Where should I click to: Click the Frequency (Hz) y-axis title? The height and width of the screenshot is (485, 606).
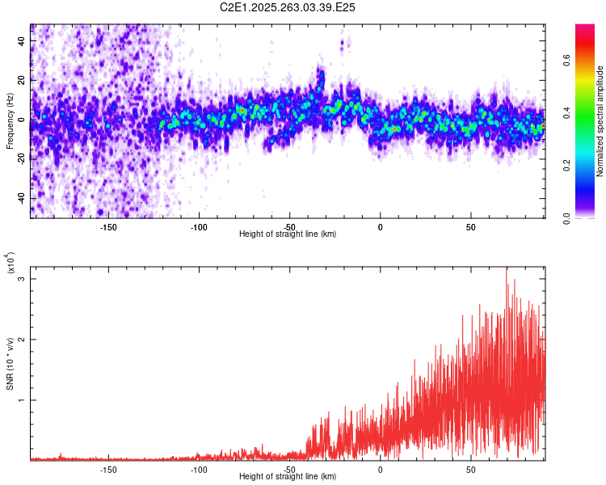tap(11, 120)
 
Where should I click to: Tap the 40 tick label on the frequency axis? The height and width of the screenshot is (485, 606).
tap(22, 39)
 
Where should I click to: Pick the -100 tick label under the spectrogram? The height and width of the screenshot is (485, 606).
tap(199, 227)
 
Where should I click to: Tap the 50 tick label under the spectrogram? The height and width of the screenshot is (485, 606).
tap(471, 227)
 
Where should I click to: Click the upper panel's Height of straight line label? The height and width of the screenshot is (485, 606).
tap(288, 234)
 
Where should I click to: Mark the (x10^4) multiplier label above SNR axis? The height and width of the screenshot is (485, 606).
tap(11, 264)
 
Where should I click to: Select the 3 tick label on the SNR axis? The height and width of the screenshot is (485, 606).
tap(22, 279)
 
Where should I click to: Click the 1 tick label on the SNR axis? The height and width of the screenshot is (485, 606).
tap(22, 400)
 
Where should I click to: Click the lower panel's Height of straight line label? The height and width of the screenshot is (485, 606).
tap(288, 477)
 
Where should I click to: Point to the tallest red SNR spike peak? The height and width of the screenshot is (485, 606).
tap(507, 268)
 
